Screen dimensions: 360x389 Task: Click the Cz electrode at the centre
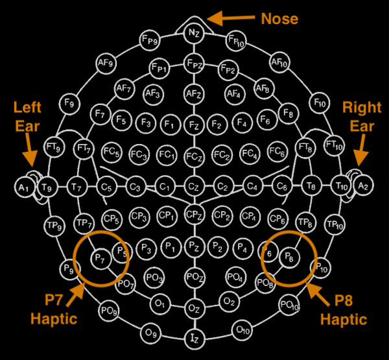[193, 187]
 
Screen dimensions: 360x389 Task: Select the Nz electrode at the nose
[193, 31]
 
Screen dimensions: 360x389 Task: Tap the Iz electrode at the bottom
[193, 338]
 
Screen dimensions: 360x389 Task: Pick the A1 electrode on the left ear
[25, 187]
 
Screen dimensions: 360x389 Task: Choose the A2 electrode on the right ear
[362, 187]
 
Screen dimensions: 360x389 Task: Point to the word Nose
[279, 18]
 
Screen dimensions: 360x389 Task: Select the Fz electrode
[193, 123]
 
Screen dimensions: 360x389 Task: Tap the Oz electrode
[193, 307]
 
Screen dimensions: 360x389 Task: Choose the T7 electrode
[78, 187]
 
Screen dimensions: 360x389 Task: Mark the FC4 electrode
[248, 154]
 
